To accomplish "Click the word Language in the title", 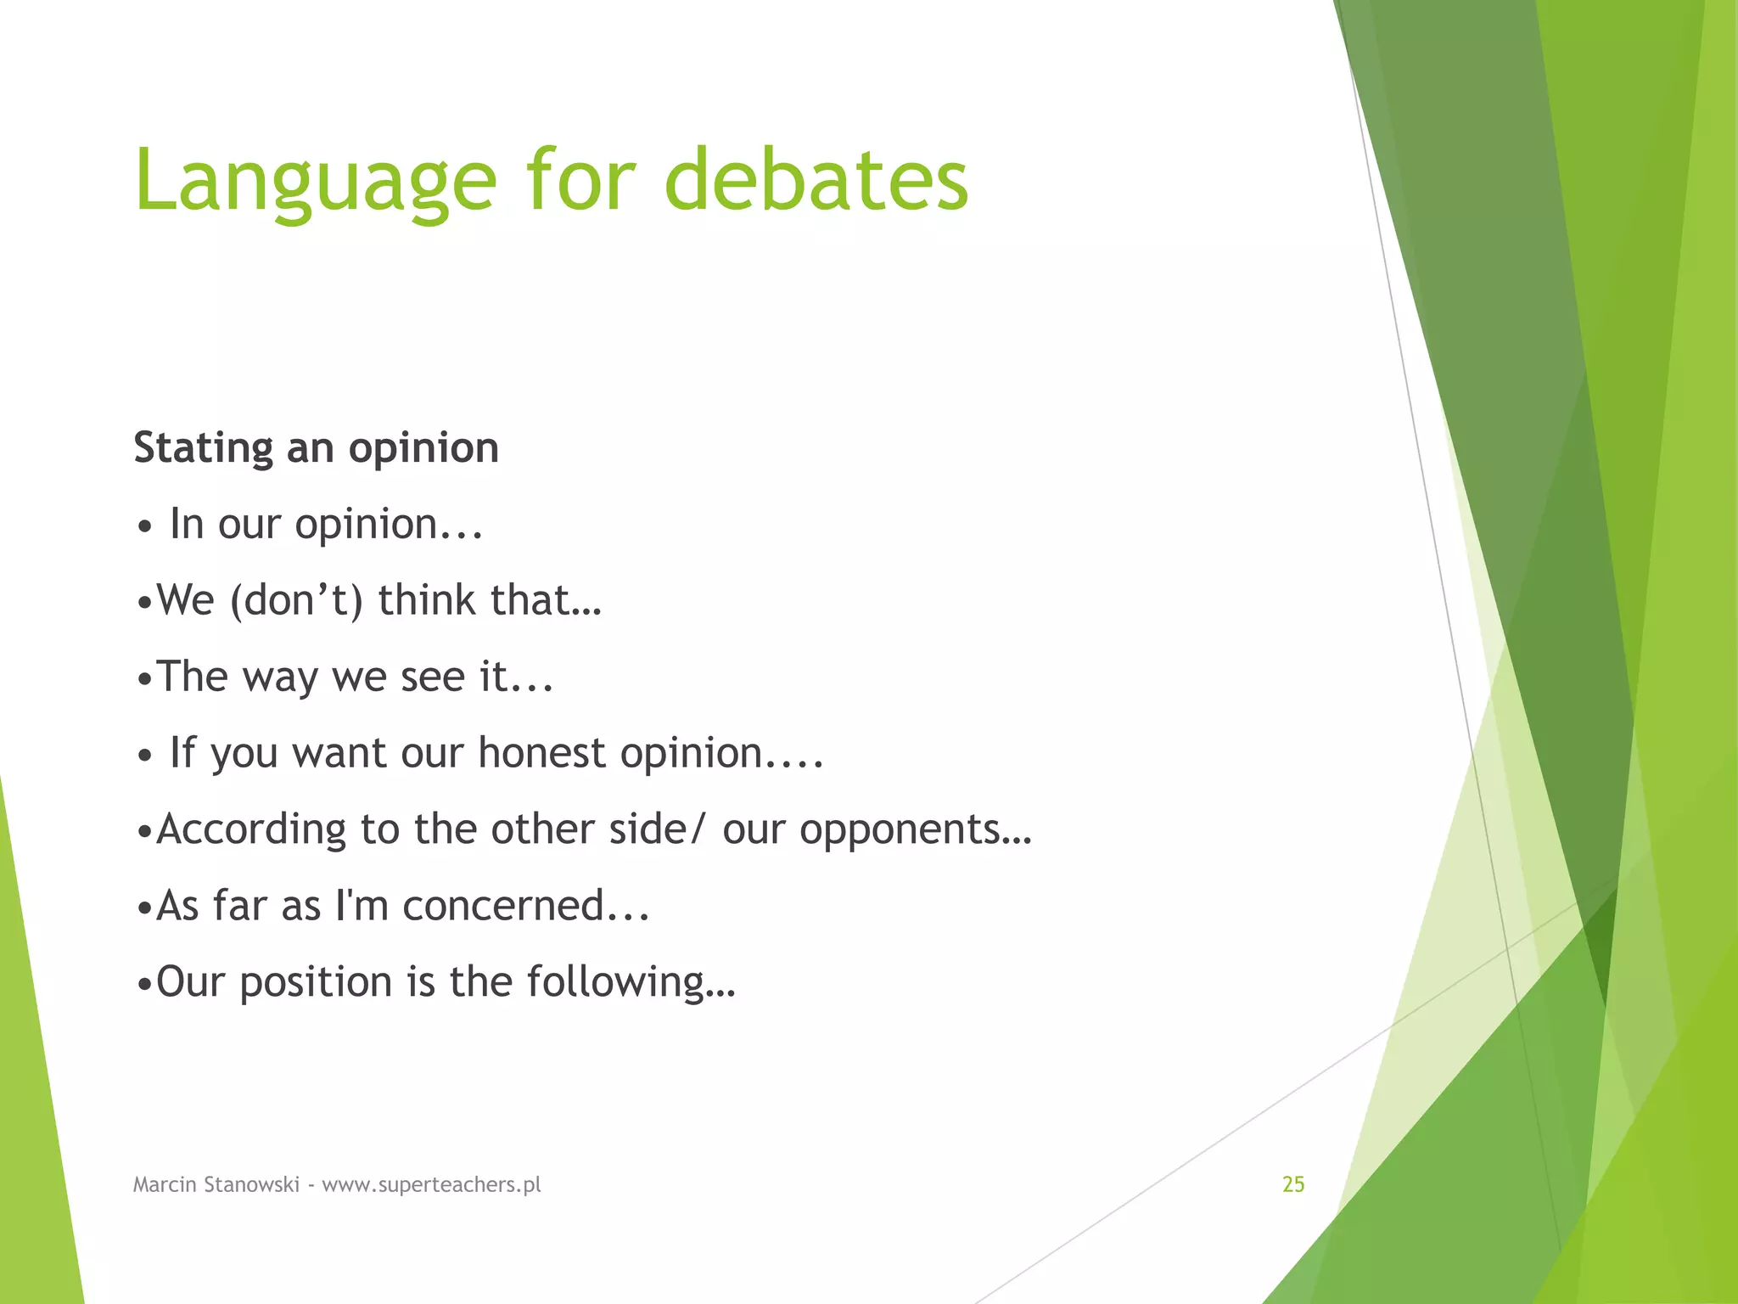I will (315, 181).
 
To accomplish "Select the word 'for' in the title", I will (580, 179).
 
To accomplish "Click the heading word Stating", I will (203, 448).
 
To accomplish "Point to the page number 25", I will (1292, 1184).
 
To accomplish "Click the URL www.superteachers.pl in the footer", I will (431, 1185).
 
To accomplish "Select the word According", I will (251, 830).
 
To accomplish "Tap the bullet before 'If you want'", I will (145, 756).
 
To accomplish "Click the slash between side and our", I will (698, 829).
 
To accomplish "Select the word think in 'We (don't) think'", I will (427, 600).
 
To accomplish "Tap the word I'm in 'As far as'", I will (362, 905).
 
